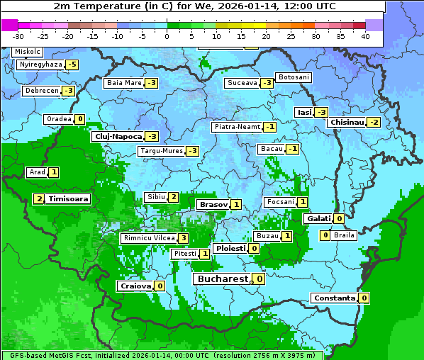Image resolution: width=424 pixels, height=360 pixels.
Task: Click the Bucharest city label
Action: [x=222, y=279]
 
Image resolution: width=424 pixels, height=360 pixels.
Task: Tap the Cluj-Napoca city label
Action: [x=118, y=136]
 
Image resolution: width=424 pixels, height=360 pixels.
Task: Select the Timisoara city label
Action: [x=69, y=199]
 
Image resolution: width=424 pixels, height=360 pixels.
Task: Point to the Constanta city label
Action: [x=333, y=298]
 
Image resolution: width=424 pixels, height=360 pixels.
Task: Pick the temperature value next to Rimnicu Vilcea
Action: [x=183, y=238]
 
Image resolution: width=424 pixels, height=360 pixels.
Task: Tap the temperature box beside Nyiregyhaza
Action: [x=72, y=64]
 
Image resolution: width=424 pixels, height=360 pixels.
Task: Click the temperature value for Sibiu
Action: [x=173, y=196]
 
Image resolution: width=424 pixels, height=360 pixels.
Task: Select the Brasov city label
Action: [x=213, y=205]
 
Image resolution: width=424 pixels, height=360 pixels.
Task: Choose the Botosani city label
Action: [x=294, y=77]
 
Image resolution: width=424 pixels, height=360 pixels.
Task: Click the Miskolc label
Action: [x=28, y=52]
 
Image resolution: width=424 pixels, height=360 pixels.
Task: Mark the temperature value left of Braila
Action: [x=325, y=235]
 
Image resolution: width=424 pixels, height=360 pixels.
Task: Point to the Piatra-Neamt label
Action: [x=237, y=127]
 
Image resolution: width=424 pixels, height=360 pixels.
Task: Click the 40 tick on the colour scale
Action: [x=365, y=35]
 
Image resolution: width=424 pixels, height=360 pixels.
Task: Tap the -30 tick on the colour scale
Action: [x=18, y=35]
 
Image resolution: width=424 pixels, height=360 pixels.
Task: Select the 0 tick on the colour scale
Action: [x=167, y=35]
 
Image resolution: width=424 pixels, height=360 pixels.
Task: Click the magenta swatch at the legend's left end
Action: [x=9, y=25]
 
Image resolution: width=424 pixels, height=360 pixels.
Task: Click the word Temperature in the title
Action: [x=103, y=6]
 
